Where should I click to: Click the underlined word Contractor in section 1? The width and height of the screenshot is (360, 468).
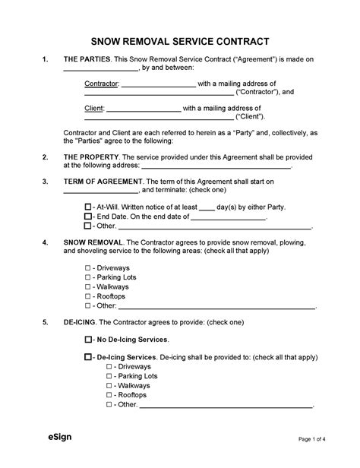[x=101, y=83]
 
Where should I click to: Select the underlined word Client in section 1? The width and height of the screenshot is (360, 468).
[x=93, y=108]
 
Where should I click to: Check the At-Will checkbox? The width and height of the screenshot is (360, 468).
[x=87, y=207]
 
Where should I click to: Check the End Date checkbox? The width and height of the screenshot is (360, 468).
[x=87, y=217]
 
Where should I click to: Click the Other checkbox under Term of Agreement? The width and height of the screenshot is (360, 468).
[x=87, y=226]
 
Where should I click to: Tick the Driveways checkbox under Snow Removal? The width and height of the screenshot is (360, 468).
[x=87, y=269]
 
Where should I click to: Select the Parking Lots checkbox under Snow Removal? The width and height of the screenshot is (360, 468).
[x=87, y=278]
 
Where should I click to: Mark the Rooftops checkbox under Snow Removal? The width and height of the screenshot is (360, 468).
[x=87, y=296]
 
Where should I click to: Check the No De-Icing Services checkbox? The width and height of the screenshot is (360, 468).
[x=87, y=339]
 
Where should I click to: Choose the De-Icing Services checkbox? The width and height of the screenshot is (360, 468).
[x=87, y=356]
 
